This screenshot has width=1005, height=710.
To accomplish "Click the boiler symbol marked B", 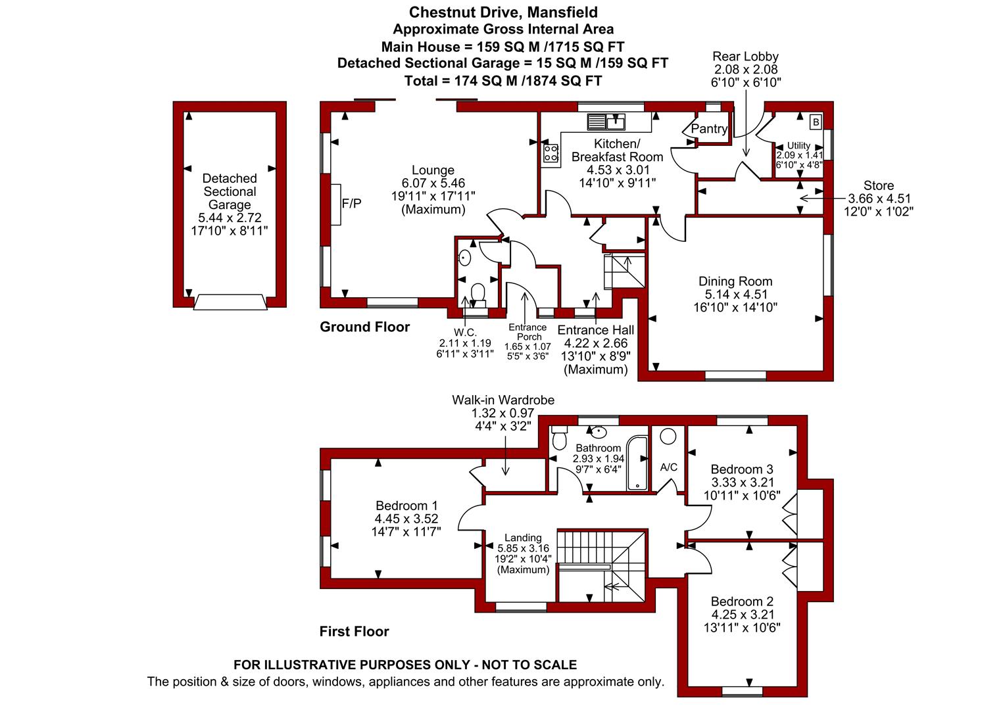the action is click(x=816, y=122).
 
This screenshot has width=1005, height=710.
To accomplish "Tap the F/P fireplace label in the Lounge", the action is click(x=351, y=204).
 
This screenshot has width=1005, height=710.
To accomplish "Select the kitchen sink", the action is click(x=606, y=122).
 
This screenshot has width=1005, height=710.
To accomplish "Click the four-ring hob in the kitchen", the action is click(x=551, y=153).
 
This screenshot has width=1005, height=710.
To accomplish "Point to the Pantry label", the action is click(x=709, y=129).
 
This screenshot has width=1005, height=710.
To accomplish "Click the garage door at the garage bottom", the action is click(x=230, y=302).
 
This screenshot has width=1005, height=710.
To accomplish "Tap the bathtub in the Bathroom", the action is click(x=637, y=462).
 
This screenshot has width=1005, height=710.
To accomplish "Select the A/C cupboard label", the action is click(x=668, y=467).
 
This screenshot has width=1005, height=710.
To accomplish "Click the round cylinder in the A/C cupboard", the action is click(x=668, y=437).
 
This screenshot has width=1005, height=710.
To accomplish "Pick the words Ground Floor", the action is click(x=365, y=327).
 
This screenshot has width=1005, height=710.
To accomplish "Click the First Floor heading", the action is click(x=354, y=632).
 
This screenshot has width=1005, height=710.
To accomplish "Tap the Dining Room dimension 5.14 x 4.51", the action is click(x=735, y=295).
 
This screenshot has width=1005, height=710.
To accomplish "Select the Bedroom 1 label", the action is click(x=406, y=506).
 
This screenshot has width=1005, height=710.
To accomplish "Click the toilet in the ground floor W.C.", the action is click(x=478, y=293).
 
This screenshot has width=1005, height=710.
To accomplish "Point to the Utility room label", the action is click(x=798, y=146).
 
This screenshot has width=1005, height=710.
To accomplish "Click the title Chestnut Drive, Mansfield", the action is click(x=503, y=12).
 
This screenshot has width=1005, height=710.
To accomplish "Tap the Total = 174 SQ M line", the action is click(x=503, y=81).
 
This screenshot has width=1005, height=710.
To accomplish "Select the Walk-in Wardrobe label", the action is click(x=503, y=400).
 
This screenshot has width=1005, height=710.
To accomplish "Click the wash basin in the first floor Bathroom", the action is click(x=599, y=432).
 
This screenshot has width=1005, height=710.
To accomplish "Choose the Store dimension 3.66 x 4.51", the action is click(x=879, y=199).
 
